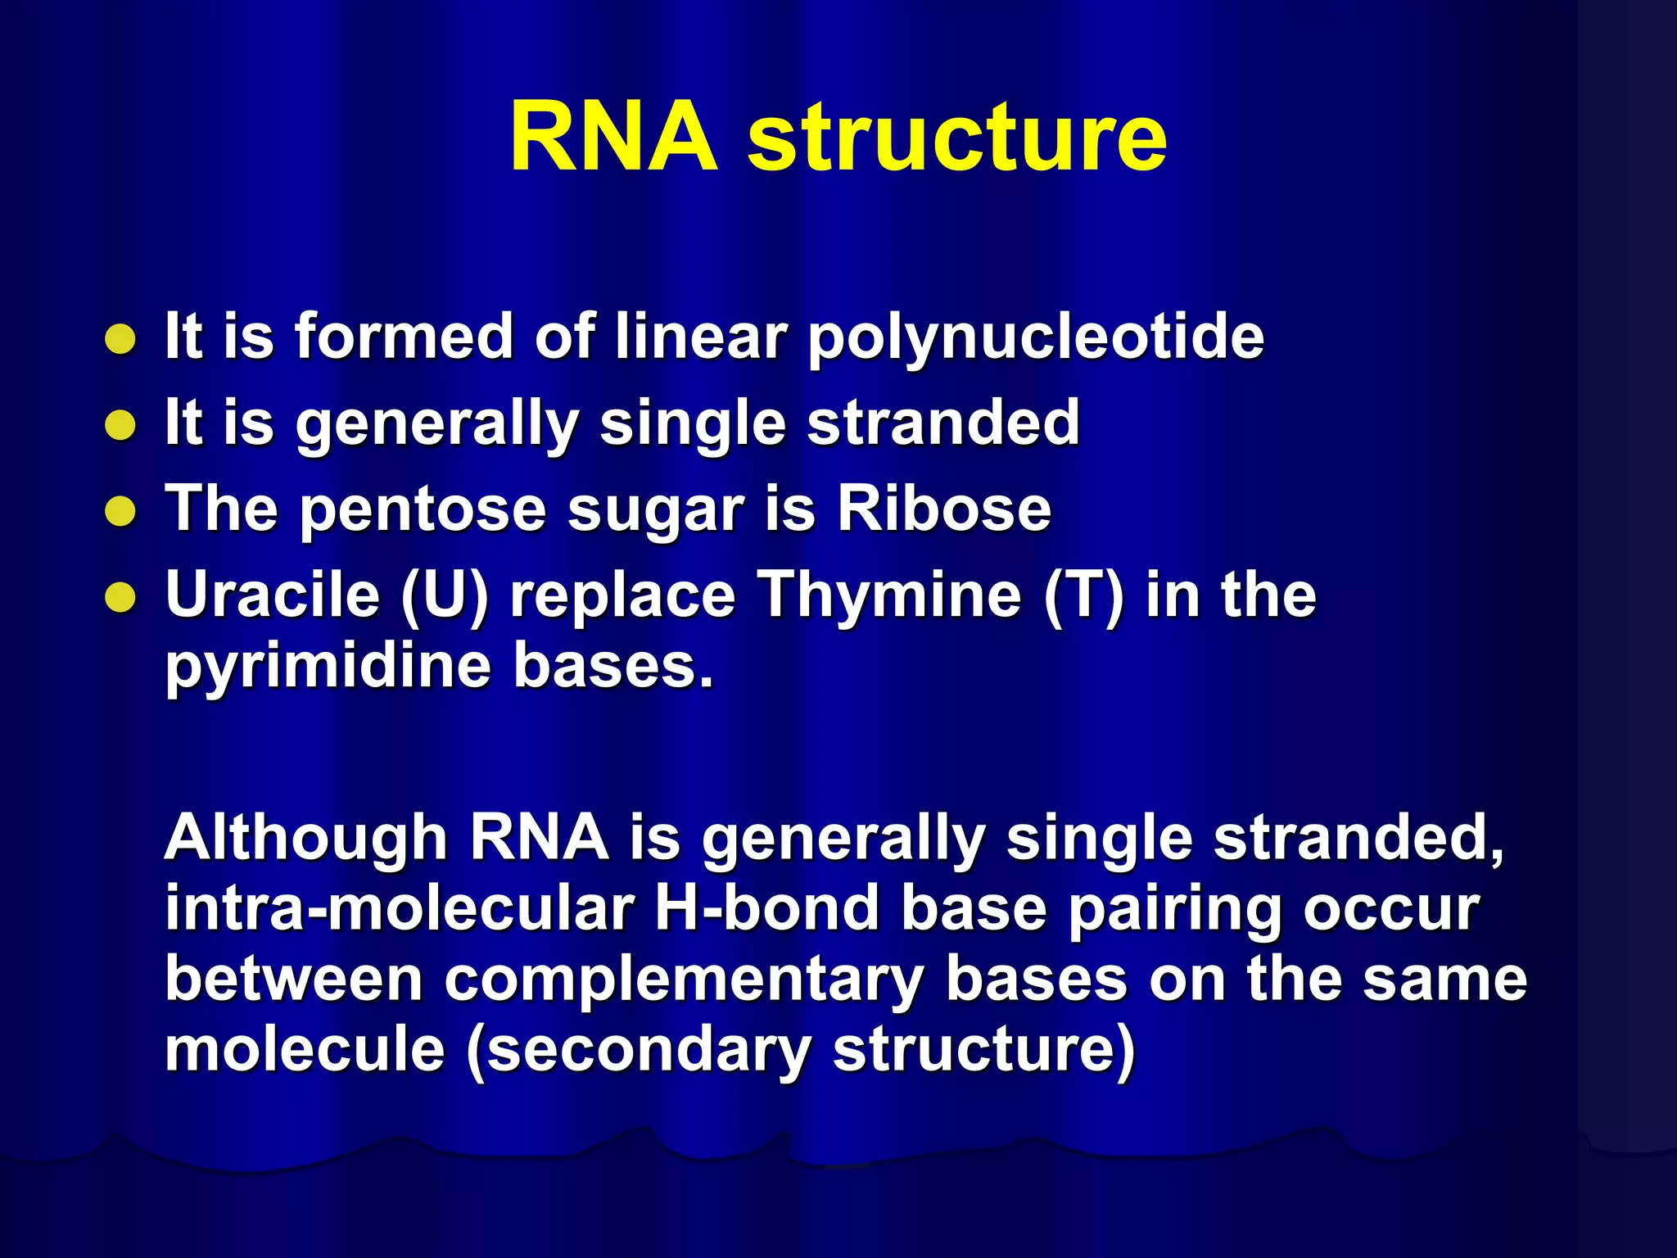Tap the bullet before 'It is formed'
(x=120, y=339)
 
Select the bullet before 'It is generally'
(x=120, y=425)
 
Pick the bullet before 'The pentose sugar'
(x=120, y=512)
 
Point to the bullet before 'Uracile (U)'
(x=120, y=598)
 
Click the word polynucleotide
(x=1036, y=337)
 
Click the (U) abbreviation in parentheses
(x=445, y=595)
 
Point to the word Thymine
(x=888, y=595)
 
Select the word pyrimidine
(x=328, y=667)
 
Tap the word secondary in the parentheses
(x=639, y=1051)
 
